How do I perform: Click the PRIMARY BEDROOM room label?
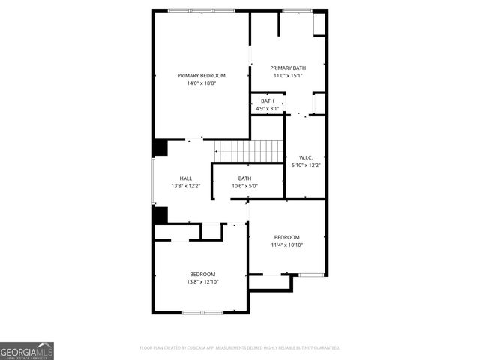click(x=201, y=75)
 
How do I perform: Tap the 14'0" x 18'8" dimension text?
click(x=201, y=82)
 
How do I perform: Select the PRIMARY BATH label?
click(x=288, y=67)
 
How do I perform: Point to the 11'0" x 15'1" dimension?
click(x=288, y=75)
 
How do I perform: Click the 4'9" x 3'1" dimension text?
click(x=267, y=108)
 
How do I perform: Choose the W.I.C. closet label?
click(x=305, y=157)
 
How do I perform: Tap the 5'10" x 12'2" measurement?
click(x=305, y=165)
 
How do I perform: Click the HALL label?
click(x=185, y=178)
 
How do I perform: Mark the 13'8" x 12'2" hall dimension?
click(x=185, y=186)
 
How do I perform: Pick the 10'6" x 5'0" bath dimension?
click(x=244, y=186)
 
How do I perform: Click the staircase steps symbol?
click(x=233, y=151)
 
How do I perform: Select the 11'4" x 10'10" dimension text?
click(x=286, y=244)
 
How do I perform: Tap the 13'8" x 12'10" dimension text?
click(x=202, y=281)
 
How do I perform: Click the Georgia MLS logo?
click(x=27, y=350)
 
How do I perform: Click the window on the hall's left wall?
click(x=153, y=180)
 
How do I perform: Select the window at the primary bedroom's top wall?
click(x=201, y=10)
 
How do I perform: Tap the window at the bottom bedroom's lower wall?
click(x=202, y=311)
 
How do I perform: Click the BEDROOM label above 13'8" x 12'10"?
click(x=202, y=274)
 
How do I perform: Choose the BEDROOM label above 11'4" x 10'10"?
click(x=286, y=237)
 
